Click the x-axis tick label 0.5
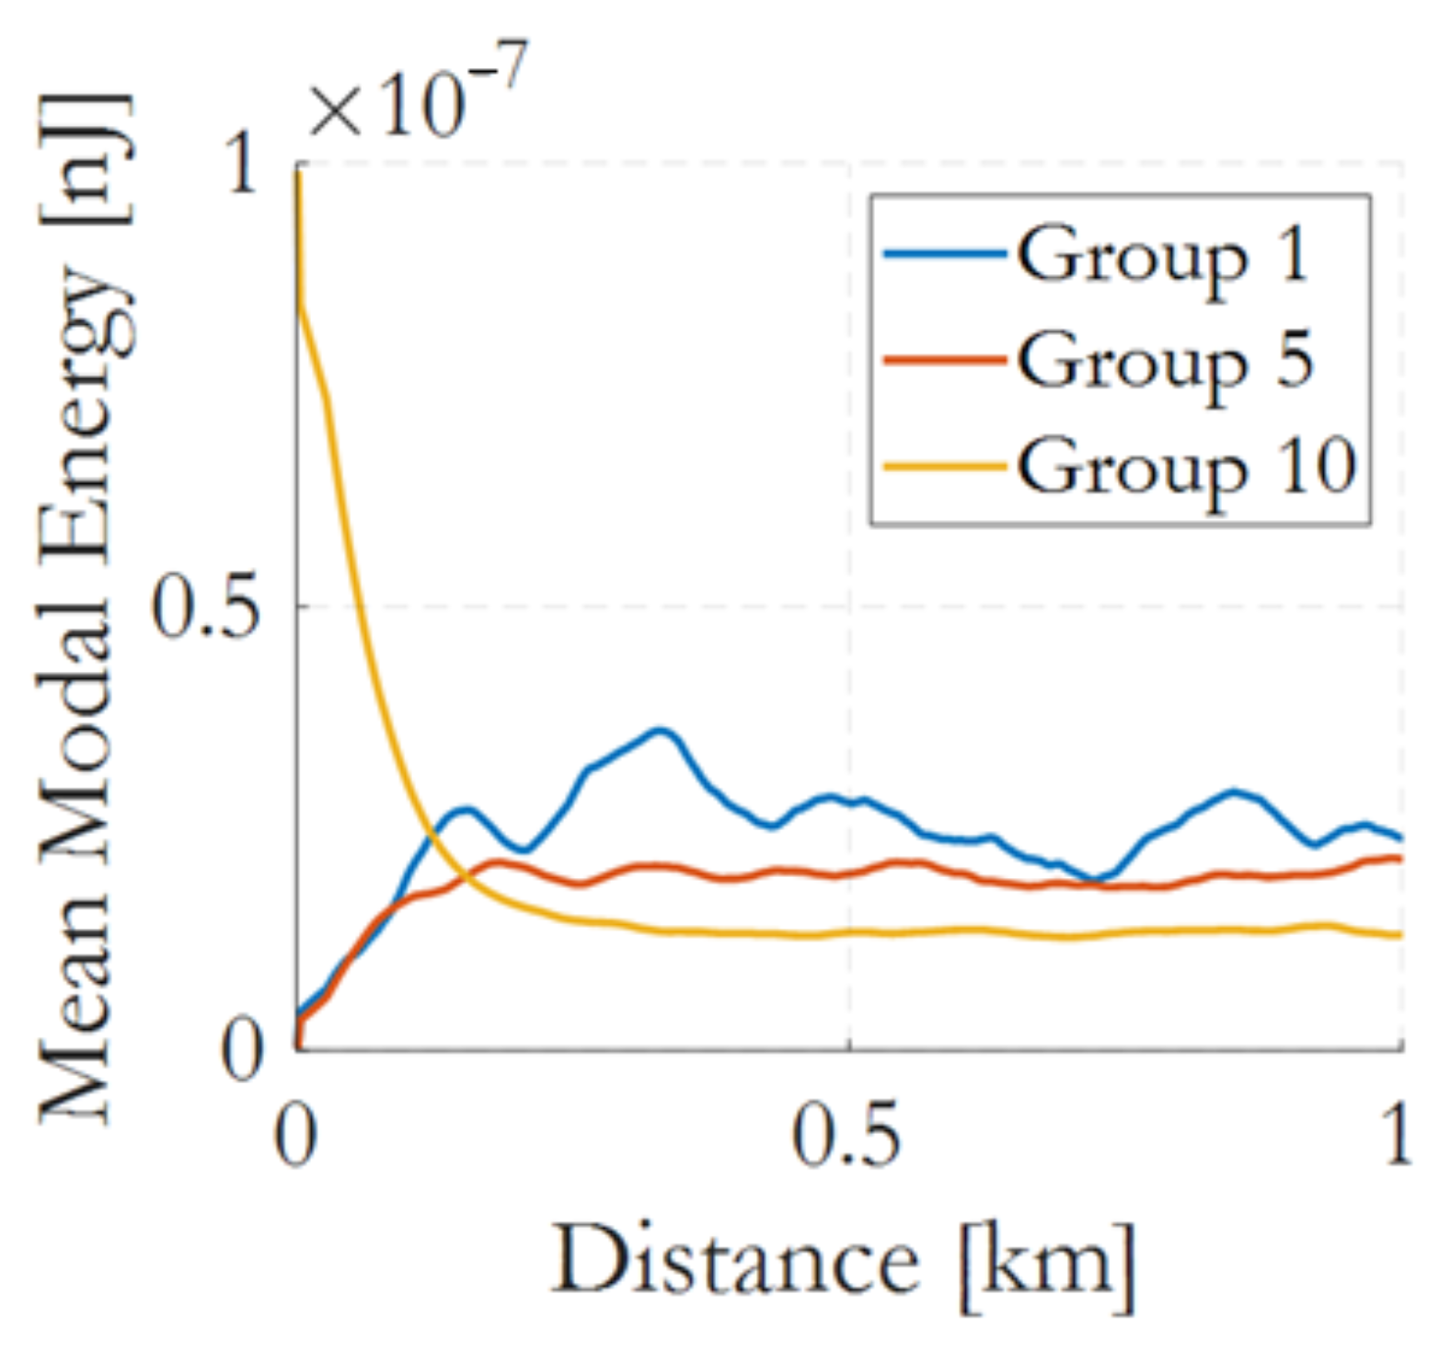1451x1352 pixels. pyautogui.click(x=846, y=1138)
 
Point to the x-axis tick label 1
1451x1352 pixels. pyautogui.click(x=1397, y=1138)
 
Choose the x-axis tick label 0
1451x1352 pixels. pyautogui.click(x=296, y=1138)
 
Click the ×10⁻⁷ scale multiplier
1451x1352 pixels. pyautogui.click(x=417, y=95)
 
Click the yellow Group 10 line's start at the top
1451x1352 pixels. pyautogui.click(x=297, y=175)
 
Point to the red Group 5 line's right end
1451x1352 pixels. pyautogui.click(x=1398, y=859)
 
